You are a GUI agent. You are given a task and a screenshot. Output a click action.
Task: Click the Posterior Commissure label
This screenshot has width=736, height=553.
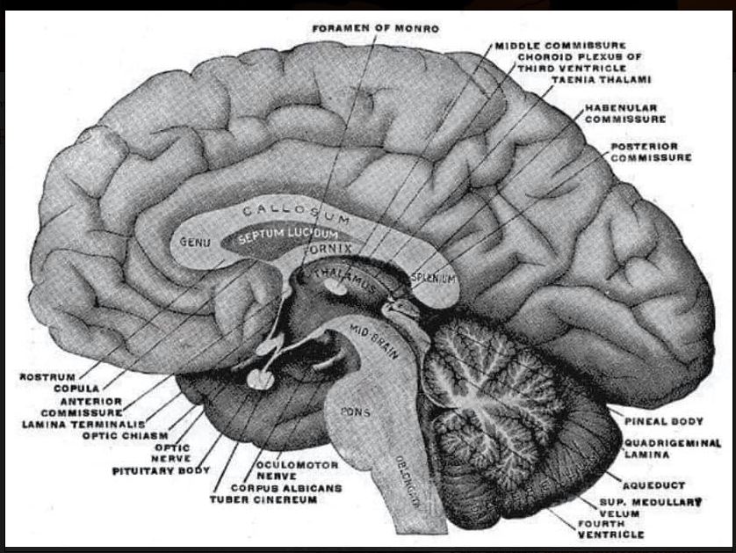coord(651,152)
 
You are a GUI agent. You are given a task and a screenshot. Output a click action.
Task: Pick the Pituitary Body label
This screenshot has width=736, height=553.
coord(161,470)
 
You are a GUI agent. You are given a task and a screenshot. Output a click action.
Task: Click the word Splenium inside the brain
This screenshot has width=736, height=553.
coord(433,277)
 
